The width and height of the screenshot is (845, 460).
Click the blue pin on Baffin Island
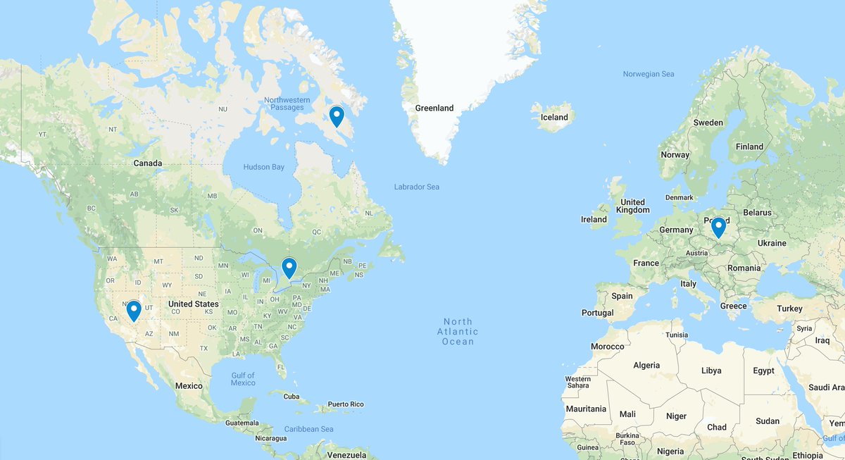337,116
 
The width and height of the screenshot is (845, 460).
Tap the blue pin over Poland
718,227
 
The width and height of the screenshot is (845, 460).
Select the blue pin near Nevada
134,310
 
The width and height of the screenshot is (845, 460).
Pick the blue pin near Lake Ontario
289,267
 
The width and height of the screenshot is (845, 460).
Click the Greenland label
434,108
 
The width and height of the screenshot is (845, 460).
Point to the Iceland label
554,118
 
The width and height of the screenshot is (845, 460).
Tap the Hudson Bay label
264,167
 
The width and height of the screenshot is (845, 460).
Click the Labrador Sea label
417,187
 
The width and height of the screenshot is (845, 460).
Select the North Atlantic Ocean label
458,332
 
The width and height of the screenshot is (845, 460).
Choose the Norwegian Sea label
649,74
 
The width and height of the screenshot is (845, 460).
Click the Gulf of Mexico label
243,379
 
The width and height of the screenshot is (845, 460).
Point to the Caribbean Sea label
308,429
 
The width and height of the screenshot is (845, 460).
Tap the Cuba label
291,396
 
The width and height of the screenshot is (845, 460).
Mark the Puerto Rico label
346,404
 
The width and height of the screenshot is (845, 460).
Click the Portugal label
597,313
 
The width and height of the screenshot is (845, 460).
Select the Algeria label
646,365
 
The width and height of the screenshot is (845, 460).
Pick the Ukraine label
772,243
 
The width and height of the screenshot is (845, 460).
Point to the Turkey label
789,309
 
